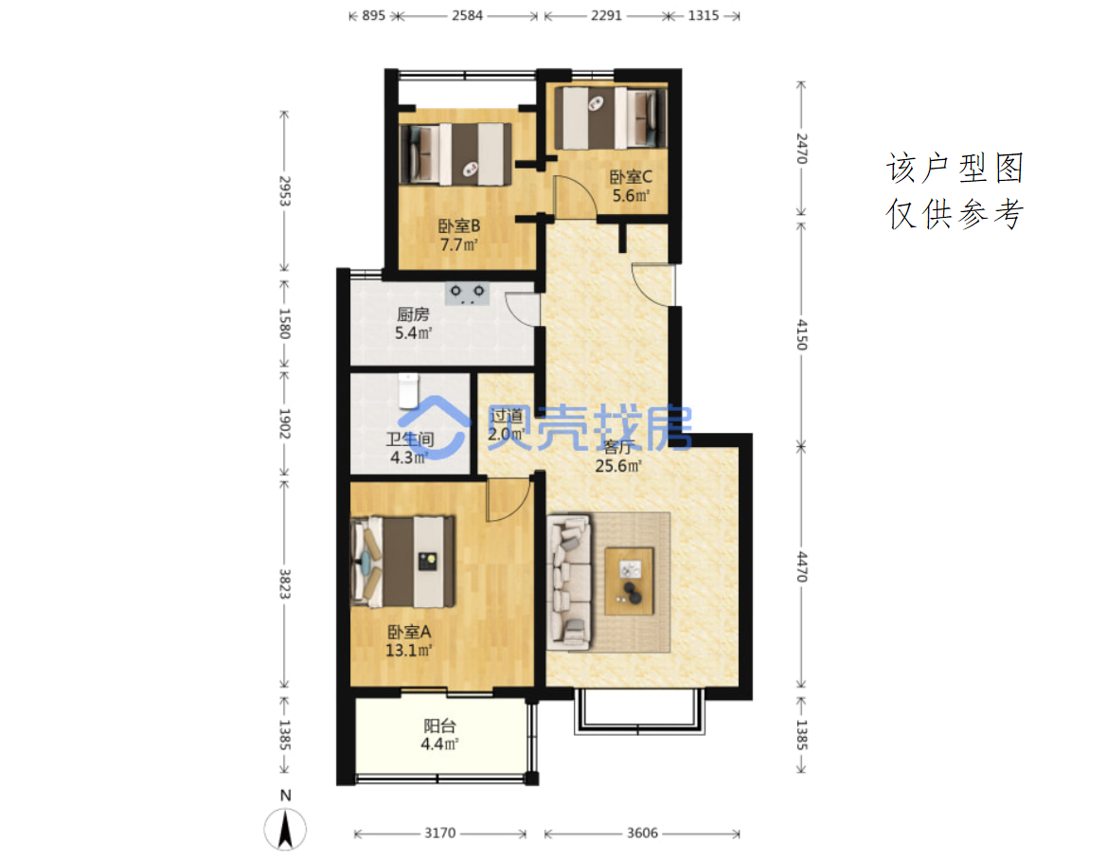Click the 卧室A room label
point(409,632)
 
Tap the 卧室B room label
point(459,226)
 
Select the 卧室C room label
point(632,176)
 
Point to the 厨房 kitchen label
point(413,314)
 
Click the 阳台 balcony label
point(439,726)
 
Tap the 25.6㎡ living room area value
point(618,466)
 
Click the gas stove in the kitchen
point(468,293)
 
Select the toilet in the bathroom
point(408,391)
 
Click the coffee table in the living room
point(629,582)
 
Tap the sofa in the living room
point(569,582)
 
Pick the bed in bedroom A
point(403,562)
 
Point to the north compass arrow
point(285,829)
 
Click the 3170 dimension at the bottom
point(439,833)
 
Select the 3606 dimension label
point(642,833)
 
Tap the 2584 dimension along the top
point(468,15)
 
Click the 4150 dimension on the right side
point(801,334)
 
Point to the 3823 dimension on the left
point(284,584)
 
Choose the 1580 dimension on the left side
point(284,323)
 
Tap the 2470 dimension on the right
point(801,149)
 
